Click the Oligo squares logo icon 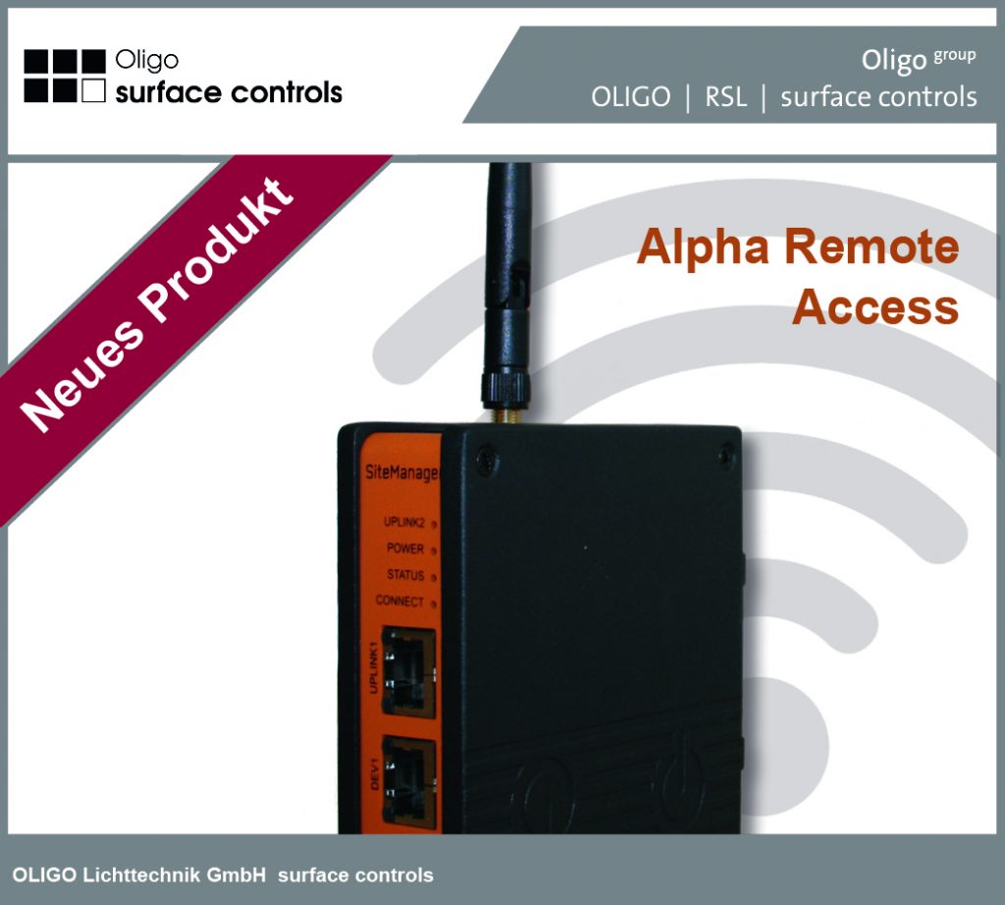click(x=65, y=76)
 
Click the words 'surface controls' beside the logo click(x=229, y=93)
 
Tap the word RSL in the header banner click(x=725, y=97)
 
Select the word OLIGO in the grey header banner click(x=631, y=97)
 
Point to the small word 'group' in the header click(x=954, y=56)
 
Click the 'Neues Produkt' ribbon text click(x=157, y=304)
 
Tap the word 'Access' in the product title click(x=874, y=307)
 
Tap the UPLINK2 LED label click(x=403, y=522)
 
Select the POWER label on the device click(x=405, y=549)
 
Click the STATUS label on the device click(x=405, y=575)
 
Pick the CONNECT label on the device click(x=400, y=601)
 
